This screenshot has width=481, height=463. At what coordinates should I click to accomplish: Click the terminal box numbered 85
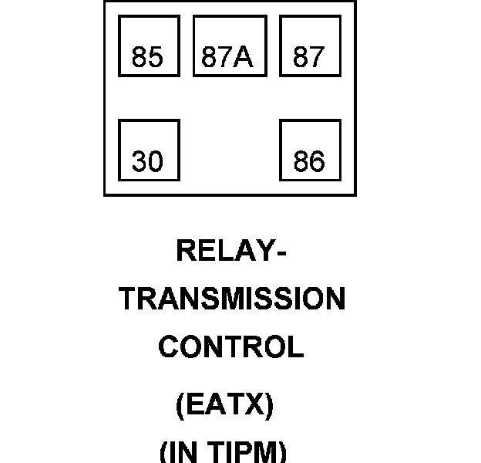click(x=149, y=46)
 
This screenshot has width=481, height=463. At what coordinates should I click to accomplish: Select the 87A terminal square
click(x=230, y=46)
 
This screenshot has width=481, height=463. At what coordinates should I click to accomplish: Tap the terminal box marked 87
click(x=310, y=46)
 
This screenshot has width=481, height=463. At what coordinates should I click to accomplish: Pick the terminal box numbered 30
click(x=149, y=150)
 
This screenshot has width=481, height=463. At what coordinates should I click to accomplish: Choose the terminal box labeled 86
click(x=310, y=150)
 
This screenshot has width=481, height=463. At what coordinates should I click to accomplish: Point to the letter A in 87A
click(x=246, y=58)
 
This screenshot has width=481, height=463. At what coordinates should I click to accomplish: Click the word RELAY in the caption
click(x=224, y=251)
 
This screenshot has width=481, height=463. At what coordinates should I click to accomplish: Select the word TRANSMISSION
click(x=232, y=299)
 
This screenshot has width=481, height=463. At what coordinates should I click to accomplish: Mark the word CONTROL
click(x=231, y=347)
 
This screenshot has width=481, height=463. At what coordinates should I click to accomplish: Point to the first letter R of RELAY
click(x=186, y=251)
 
